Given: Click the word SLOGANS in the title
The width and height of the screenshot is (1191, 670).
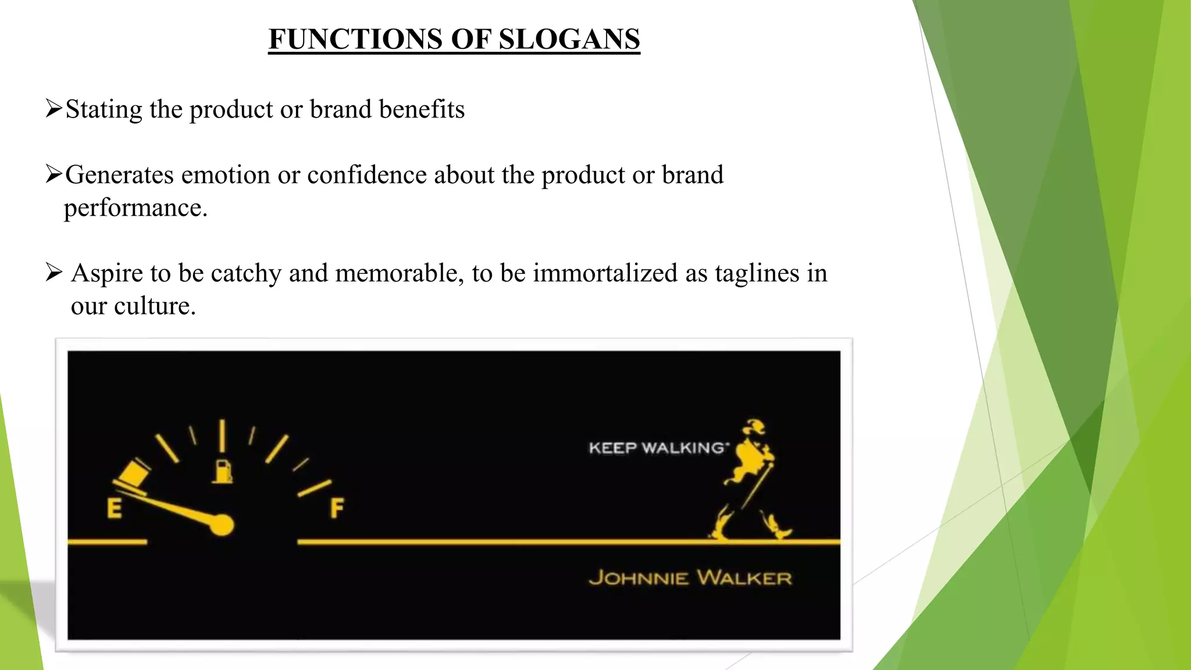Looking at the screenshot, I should tap(569, 40).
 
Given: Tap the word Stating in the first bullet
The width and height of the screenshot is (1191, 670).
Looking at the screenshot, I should tap(104, 109).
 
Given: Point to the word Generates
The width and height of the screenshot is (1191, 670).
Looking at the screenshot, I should tap(119, 175).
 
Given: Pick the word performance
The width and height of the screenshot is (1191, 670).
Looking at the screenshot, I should tap(135, 208).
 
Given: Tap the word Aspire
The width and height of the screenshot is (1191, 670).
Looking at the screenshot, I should tap(106, 273).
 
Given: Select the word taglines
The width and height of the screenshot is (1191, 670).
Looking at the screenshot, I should tap(757, 273).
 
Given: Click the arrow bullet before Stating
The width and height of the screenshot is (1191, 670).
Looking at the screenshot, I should tap(54, 108).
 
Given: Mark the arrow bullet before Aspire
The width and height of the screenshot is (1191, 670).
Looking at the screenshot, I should tap(54, 272).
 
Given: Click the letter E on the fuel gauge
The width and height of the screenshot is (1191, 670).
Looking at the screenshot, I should tap(115, 508).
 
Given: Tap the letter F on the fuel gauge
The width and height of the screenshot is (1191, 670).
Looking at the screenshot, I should tap(337, 508).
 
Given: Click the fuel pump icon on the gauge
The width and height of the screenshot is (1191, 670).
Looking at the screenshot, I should tap(222, 471).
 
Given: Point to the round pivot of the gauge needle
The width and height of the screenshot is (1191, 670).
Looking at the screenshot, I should tap(222, 525).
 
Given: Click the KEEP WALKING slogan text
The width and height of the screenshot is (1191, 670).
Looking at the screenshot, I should tap(658, 448).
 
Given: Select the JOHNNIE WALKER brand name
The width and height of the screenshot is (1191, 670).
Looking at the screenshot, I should tap(690, 578).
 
